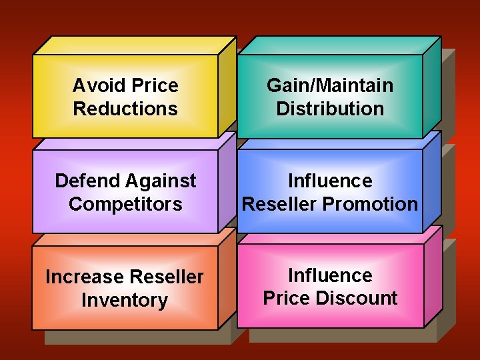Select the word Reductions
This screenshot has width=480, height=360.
pyautogui.click(x=125, y=109)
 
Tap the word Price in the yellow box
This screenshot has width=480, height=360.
pyautogui.click(x=155, y=86)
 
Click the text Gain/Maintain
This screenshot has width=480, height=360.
pyautogui.click(x=330, y=86)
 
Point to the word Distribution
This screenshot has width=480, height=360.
pyautogui.click(x=330, y=109)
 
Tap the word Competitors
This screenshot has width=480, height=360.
pyautogui.click(x=125, y=204)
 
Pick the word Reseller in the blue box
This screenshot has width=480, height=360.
pyautogui.click(x=279, y=204)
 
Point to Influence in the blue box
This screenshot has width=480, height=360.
pyautogui.click(x=330, y=181)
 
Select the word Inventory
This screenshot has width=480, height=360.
pyautogui.click(x=125, y=300)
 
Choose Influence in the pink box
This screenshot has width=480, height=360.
pyautogui.click(x=330, y=275)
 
